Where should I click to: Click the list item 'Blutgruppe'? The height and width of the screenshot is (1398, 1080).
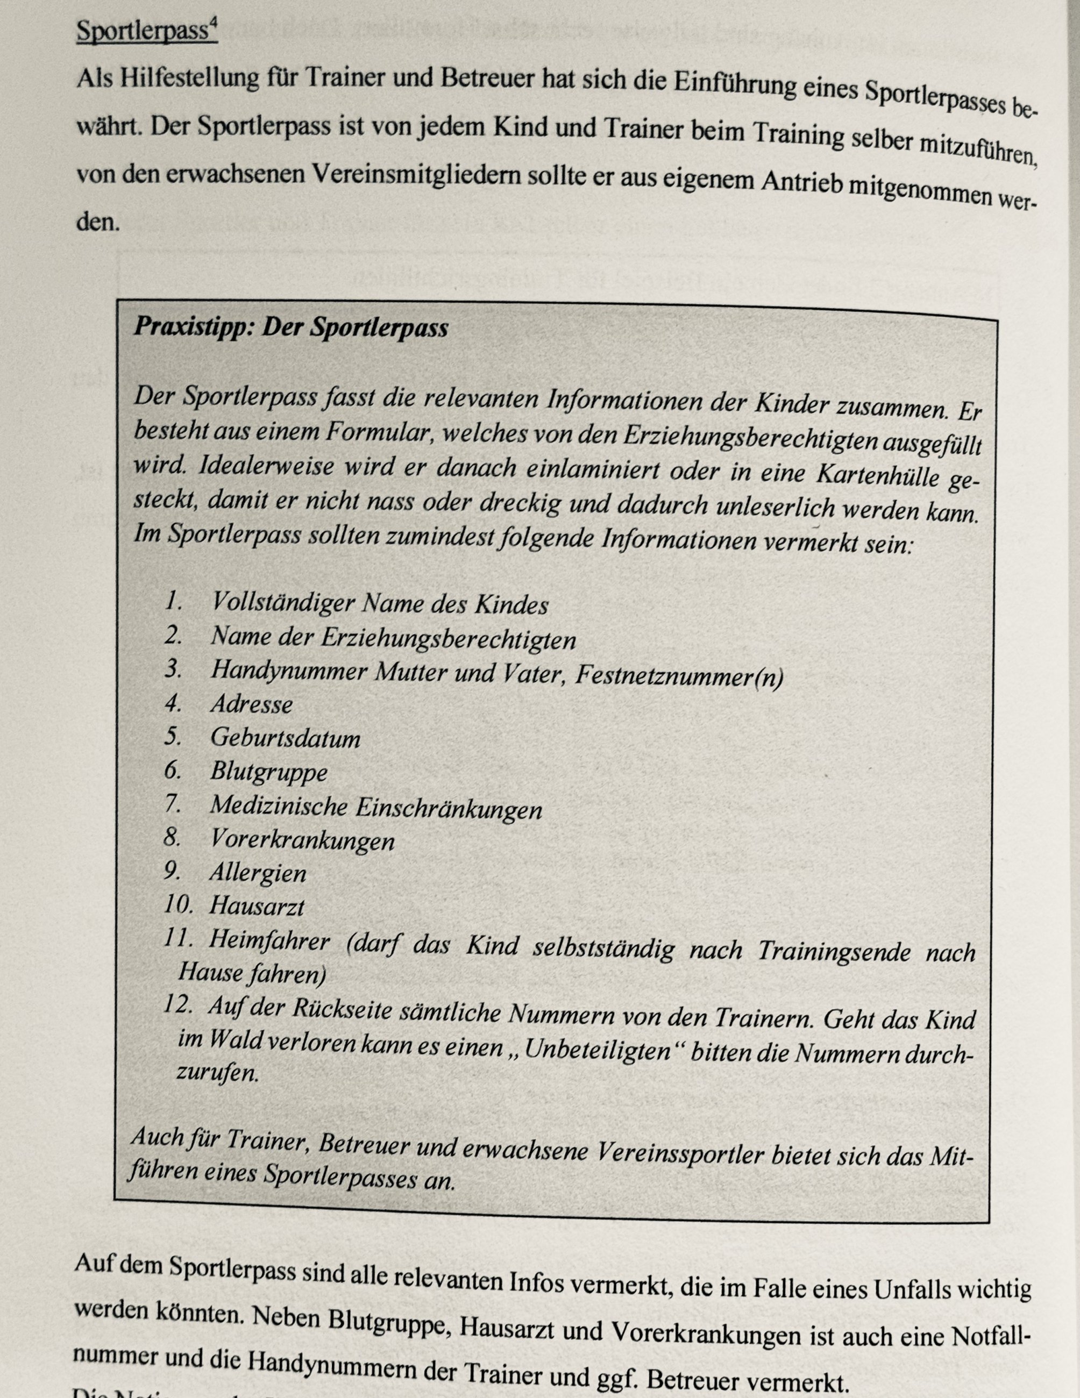[269, 772]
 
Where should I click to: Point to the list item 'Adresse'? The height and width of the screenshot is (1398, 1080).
[252, 705]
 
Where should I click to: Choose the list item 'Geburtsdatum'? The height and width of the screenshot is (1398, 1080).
[286, 738]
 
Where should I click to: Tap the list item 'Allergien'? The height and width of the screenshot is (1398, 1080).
[258, 873]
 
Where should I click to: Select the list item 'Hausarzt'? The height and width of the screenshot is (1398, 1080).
[257, 906]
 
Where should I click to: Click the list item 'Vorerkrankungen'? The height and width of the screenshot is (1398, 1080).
[302, 840]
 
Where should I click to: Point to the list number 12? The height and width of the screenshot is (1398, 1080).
[177, 1004]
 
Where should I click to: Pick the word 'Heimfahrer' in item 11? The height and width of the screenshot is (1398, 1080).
[269, 941]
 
